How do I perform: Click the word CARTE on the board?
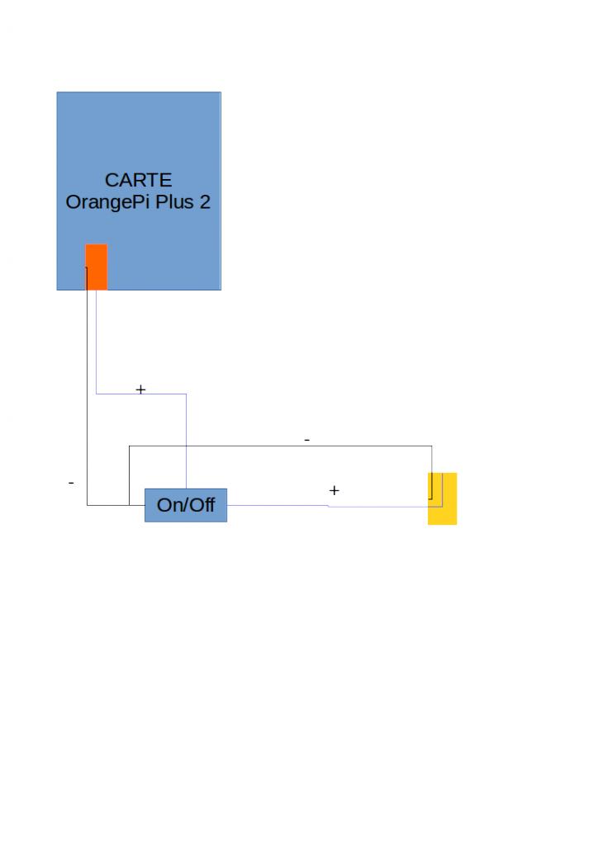pyautogui.click(x=138, y=180)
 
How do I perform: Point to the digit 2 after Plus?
pyautogui.click(x=205, y=202)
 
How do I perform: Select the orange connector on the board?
pyautogui.click(x=97, y=267)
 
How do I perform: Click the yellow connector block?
pyautogui.click(x=442, y=498)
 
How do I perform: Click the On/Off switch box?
pyautogui.click(x=186, y=505)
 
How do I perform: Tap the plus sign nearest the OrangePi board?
pyautogui.click(x=140, y=389)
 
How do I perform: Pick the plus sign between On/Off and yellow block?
pyautogui.click(x=334, y=490)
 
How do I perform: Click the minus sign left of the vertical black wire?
pyautogui.click(x=71, y=483)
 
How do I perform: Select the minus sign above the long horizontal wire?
pyautogui.click(x=306, y=441)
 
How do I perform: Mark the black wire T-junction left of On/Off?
pyautogui.click(x=129, y=505)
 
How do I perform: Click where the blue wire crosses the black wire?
pyautogui.click(x=186, y=446)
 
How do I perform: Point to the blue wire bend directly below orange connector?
pyautogui.click(x=97, y=394)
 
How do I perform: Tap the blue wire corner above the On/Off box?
pyautogui.click(x=186, y=394)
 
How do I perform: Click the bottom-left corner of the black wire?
pyautogui.click(x=88, y=505)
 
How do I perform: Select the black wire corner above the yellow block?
pyautogui.click(x=431, y=446)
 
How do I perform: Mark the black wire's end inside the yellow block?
pyautogui.click(x=430, y=499)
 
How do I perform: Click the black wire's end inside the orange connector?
pyautogui.click(x=87, y=267)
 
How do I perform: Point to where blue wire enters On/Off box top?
pyautogui.click(x=186, y=489)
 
